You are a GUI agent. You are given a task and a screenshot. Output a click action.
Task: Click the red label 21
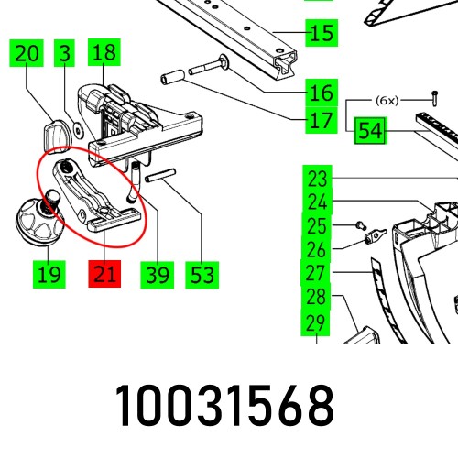pos(104,273)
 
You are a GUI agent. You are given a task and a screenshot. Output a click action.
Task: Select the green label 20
pos(27,54)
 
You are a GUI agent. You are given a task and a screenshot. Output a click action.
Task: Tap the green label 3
pos(63,54)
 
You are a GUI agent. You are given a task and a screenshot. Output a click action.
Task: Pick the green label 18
pos(103,54)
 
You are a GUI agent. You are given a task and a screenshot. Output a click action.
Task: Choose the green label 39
pos(158,273)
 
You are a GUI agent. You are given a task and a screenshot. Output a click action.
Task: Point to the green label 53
pos(201,273)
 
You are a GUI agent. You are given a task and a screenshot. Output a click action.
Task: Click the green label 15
pos(321,36)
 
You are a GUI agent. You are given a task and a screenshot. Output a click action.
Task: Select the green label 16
pos(321,93)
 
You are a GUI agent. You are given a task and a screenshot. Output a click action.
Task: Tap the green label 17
pos(321,120)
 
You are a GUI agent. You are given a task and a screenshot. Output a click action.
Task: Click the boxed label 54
pos(369,132)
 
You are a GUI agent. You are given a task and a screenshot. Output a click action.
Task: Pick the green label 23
pos(317,178)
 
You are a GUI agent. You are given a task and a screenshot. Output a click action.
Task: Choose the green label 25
pos(317,225)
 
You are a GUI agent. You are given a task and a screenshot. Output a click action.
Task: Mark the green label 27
pos(317,273)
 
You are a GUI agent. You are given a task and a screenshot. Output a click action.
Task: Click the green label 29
pos(317,322)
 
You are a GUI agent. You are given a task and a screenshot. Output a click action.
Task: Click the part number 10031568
pos(224,407)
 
